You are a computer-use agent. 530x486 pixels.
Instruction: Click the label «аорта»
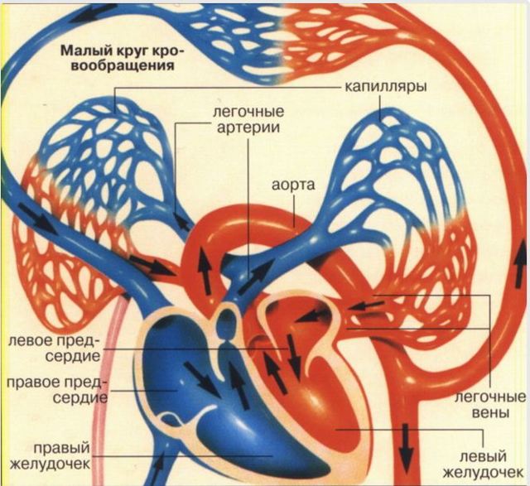(293, 185)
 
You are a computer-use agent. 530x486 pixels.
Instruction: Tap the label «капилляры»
(386, 87)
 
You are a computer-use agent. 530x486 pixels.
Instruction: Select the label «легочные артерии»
(248, 120)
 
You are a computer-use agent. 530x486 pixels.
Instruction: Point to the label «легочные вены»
(489, 405)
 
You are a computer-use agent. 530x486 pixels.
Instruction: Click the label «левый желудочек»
(484, 464)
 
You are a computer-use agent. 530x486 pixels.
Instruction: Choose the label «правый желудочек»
(51, 455)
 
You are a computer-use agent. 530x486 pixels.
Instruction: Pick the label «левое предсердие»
(55, 348)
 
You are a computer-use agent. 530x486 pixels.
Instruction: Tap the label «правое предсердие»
(56, 390)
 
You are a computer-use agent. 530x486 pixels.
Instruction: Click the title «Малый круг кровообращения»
(122, 57)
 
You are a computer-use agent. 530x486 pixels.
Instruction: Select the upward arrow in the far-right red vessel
(519, 270)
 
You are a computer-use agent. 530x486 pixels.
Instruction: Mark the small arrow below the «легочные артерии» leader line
(182, 222)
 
